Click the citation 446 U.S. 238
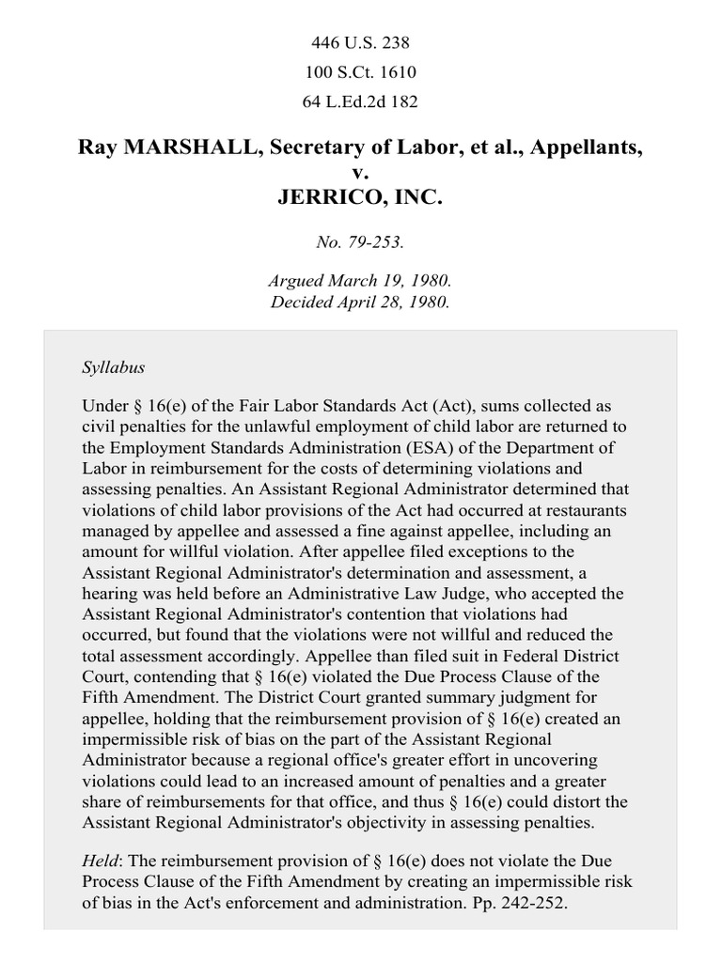pos(360,43)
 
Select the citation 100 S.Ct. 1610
pos(360,72)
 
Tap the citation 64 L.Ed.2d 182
pos(360,101)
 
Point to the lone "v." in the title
pos(360,173)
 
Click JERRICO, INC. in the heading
pos(360,198)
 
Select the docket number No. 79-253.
pos(360,241)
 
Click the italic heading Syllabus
pos(113,366)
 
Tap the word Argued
pos(296,281)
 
